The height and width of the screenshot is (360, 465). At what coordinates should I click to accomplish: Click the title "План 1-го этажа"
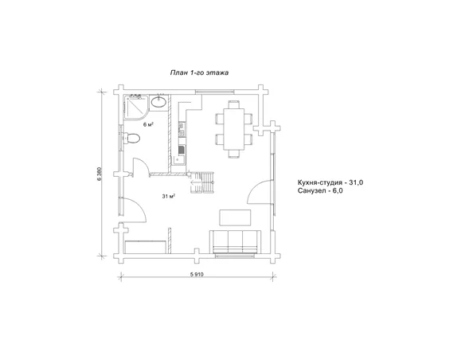(199, 72)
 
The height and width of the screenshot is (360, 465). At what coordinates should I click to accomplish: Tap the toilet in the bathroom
(131, 139)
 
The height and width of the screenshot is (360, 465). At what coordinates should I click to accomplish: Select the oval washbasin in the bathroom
(158, 102)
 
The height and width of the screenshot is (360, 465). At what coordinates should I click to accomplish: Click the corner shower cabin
(136, 107)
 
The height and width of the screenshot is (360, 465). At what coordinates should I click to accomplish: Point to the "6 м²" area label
(148, 124)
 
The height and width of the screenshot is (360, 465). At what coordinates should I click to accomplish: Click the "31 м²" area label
(169, 196)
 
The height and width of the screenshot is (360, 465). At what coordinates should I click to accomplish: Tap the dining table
(233, 130)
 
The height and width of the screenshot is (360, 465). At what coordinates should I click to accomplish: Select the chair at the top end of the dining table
(233, 104)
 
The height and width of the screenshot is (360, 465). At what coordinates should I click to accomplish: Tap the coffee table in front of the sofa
(235, 217)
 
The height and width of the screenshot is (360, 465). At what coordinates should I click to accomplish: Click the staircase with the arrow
(201, 182)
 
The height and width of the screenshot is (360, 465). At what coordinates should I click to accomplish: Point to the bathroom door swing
(141, 167)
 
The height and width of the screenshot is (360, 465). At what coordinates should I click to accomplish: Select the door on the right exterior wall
(260, 192)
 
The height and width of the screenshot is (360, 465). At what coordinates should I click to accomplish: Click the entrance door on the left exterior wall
(134, 209)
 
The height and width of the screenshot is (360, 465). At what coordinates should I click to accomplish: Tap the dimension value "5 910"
(197, 274)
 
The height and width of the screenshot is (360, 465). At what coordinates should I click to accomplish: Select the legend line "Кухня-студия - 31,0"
(330, 182)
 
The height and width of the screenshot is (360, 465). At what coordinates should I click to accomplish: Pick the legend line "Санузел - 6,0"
(320, 190)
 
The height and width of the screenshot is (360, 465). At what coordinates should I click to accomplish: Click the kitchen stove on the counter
(182, 129)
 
